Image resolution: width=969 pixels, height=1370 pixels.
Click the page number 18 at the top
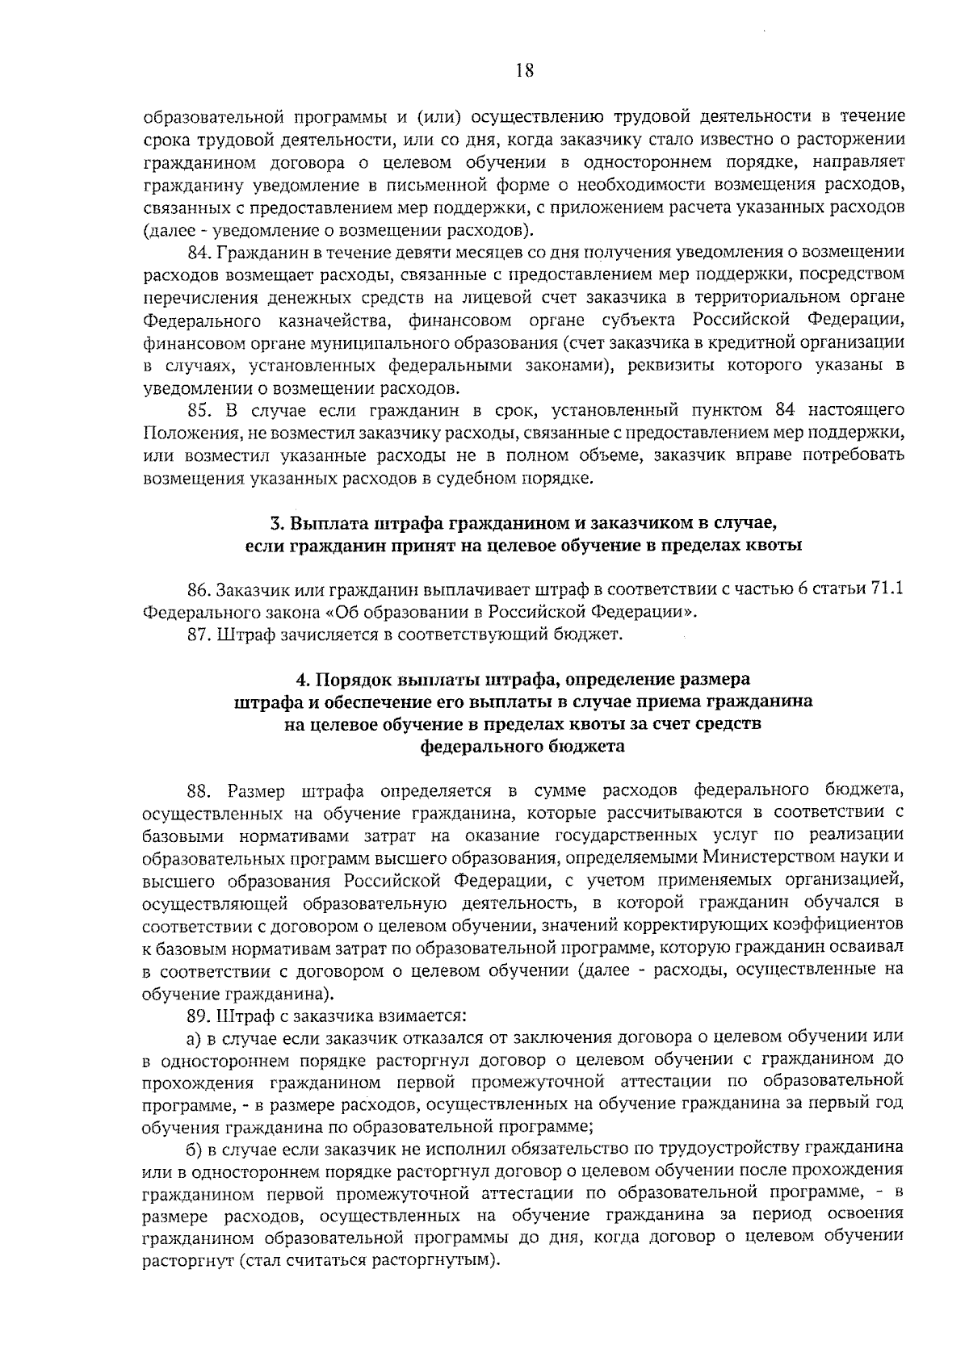pyautogui.click(x=524, y=72)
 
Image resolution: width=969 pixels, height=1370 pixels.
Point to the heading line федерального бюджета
pyautogui.click(x=522, y=747)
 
